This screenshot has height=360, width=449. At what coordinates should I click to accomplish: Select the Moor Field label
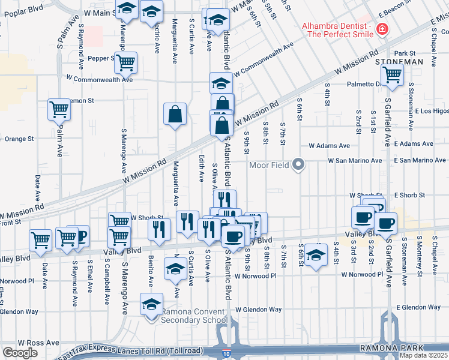(x=268, y=164)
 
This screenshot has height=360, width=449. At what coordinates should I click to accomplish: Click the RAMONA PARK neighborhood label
(x=391, y=348)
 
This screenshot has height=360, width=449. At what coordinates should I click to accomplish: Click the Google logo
(x=20, y=353)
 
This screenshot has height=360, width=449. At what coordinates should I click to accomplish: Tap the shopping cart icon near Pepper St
(x=125, y=62)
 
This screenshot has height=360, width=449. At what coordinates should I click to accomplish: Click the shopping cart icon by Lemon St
(x=59, y=109)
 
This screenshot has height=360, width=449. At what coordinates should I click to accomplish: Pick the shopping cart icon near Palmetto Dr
(x=392, y=74)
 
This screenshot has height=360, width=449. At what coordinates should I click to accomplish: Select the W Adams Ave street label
(x=329, y=145)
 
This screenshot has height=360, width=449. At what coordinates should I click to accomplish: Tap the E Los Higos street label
(x=432, y=111)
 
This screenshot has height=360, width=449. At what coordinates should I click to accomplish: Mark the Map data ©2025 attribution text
(x=423, y=355)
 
